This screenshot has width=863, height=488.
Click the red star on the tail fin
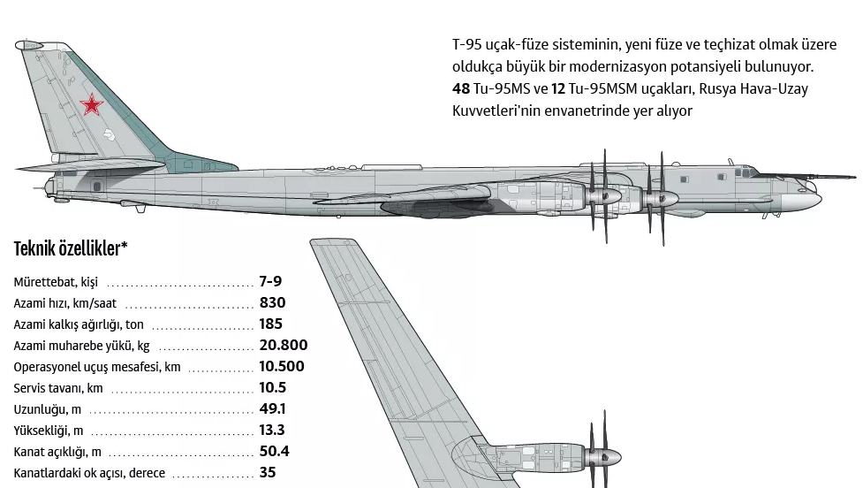(x=90, y=107)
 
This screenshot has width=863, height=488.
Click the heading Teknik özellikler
(x=71, y=248)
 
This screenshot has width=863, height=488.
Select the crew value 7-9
(x=270, y=281)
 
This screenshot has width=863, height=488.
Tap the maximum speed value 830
(x=272, y=302)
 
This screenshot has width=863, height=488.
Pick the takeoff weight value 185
(x=271, y=324)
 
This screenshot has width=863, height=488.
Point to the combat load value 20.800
(x=284, y=345)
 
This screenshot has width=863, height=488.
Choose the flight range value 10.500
(x=282, y=366)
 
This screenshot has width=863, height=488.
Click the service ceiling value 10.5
(x=272, y=387)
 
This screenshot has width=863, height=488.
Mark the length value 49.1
(x=272, y=408)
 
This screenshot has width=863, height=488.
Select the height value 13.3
(x=272, y=430)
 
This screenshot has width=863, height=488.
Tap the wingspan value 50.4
(x=274, y=451)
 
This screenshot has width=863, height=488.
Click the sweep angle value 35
(x=268, y=472)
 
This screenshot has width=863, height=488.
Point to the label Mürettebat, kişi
(x=56, y=282)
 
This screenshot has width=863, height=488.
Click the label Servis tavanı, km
(x=58, y=388)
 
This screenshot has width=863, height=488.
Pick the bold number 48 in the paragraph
(x=460, y=89)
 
